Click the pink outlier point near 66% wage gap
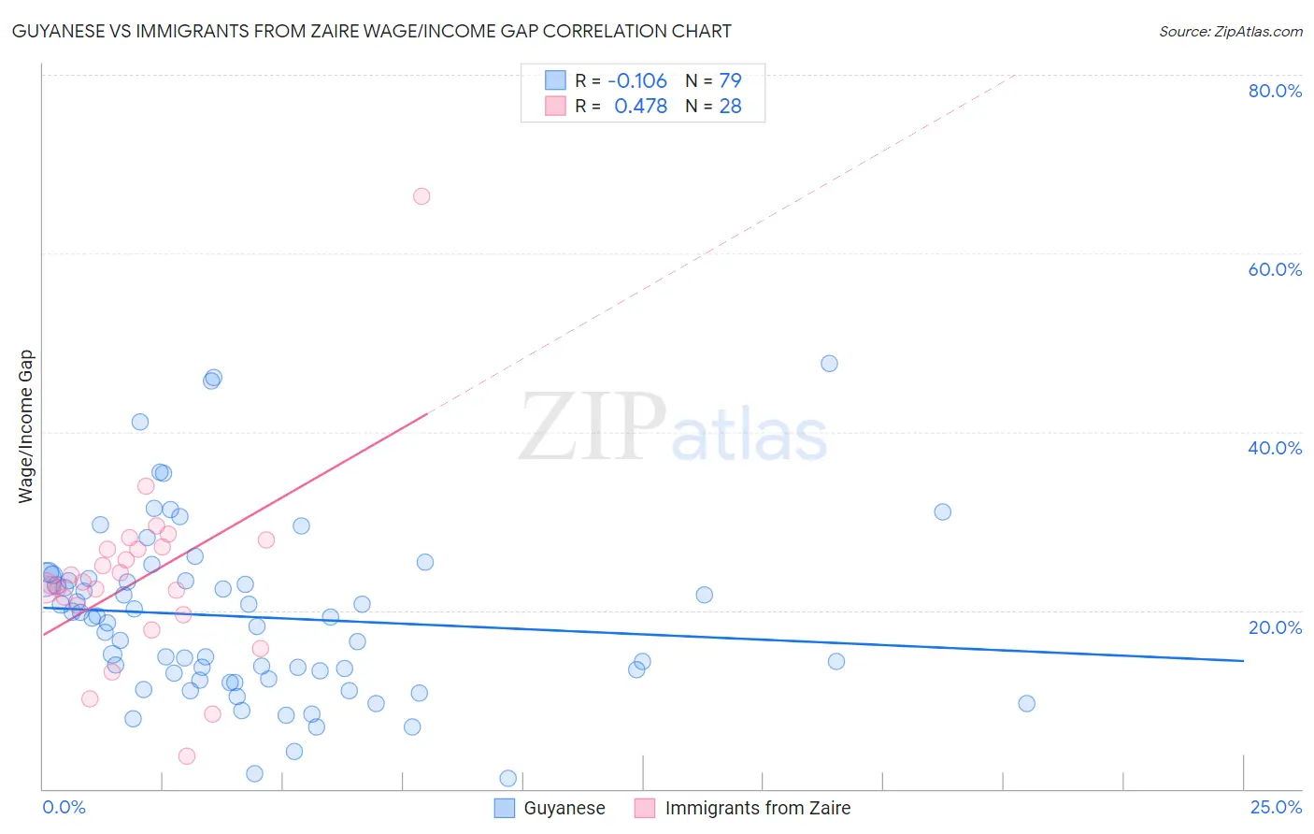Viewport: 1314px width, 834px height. [x=421, y=196]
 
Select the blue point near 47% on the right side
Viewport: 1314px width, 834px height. [x=829, y=364]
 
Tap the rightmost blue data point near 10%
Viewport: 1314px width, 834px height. [x=1026, y=704]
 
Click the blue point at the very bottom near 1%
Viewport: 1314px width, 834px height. [x=508, y=779]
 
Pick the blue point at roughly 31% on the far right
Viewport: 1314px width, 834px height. [x=942, y=512]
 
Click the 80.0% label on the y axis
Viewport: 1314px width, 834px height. [x=1275, y=91]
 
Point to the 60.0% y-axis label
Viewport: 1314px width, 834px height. [x=1275, y=269]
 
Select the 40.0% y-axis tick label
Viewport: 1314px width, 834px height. [x=1275, y=448]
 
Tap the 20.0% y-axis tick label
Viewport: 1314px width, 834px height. [x=1275, y=626]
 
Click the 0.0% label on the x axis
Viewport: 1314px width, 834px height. [x=64, y=807]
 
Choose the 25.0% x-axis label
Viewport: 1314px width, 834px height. [x=1276, y=807]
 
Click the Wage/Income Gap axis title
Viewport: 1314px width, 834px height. [x=25, y=426]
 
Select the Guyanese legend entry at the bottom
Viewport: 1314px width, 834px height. [x=564, y=808]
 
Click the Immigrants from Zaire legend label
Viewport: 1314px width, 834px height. [x=757, y=808]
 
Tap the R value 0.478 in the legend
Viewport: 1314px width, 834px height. [x=640, y=107]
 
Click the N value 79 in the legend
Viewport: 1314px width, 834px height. [x=730, y=80]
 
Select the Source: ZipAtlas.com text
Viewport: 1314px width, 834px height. [x=1230, y=32]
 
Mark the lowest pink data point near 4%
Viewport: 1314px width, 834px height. [x=187, y=756]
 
